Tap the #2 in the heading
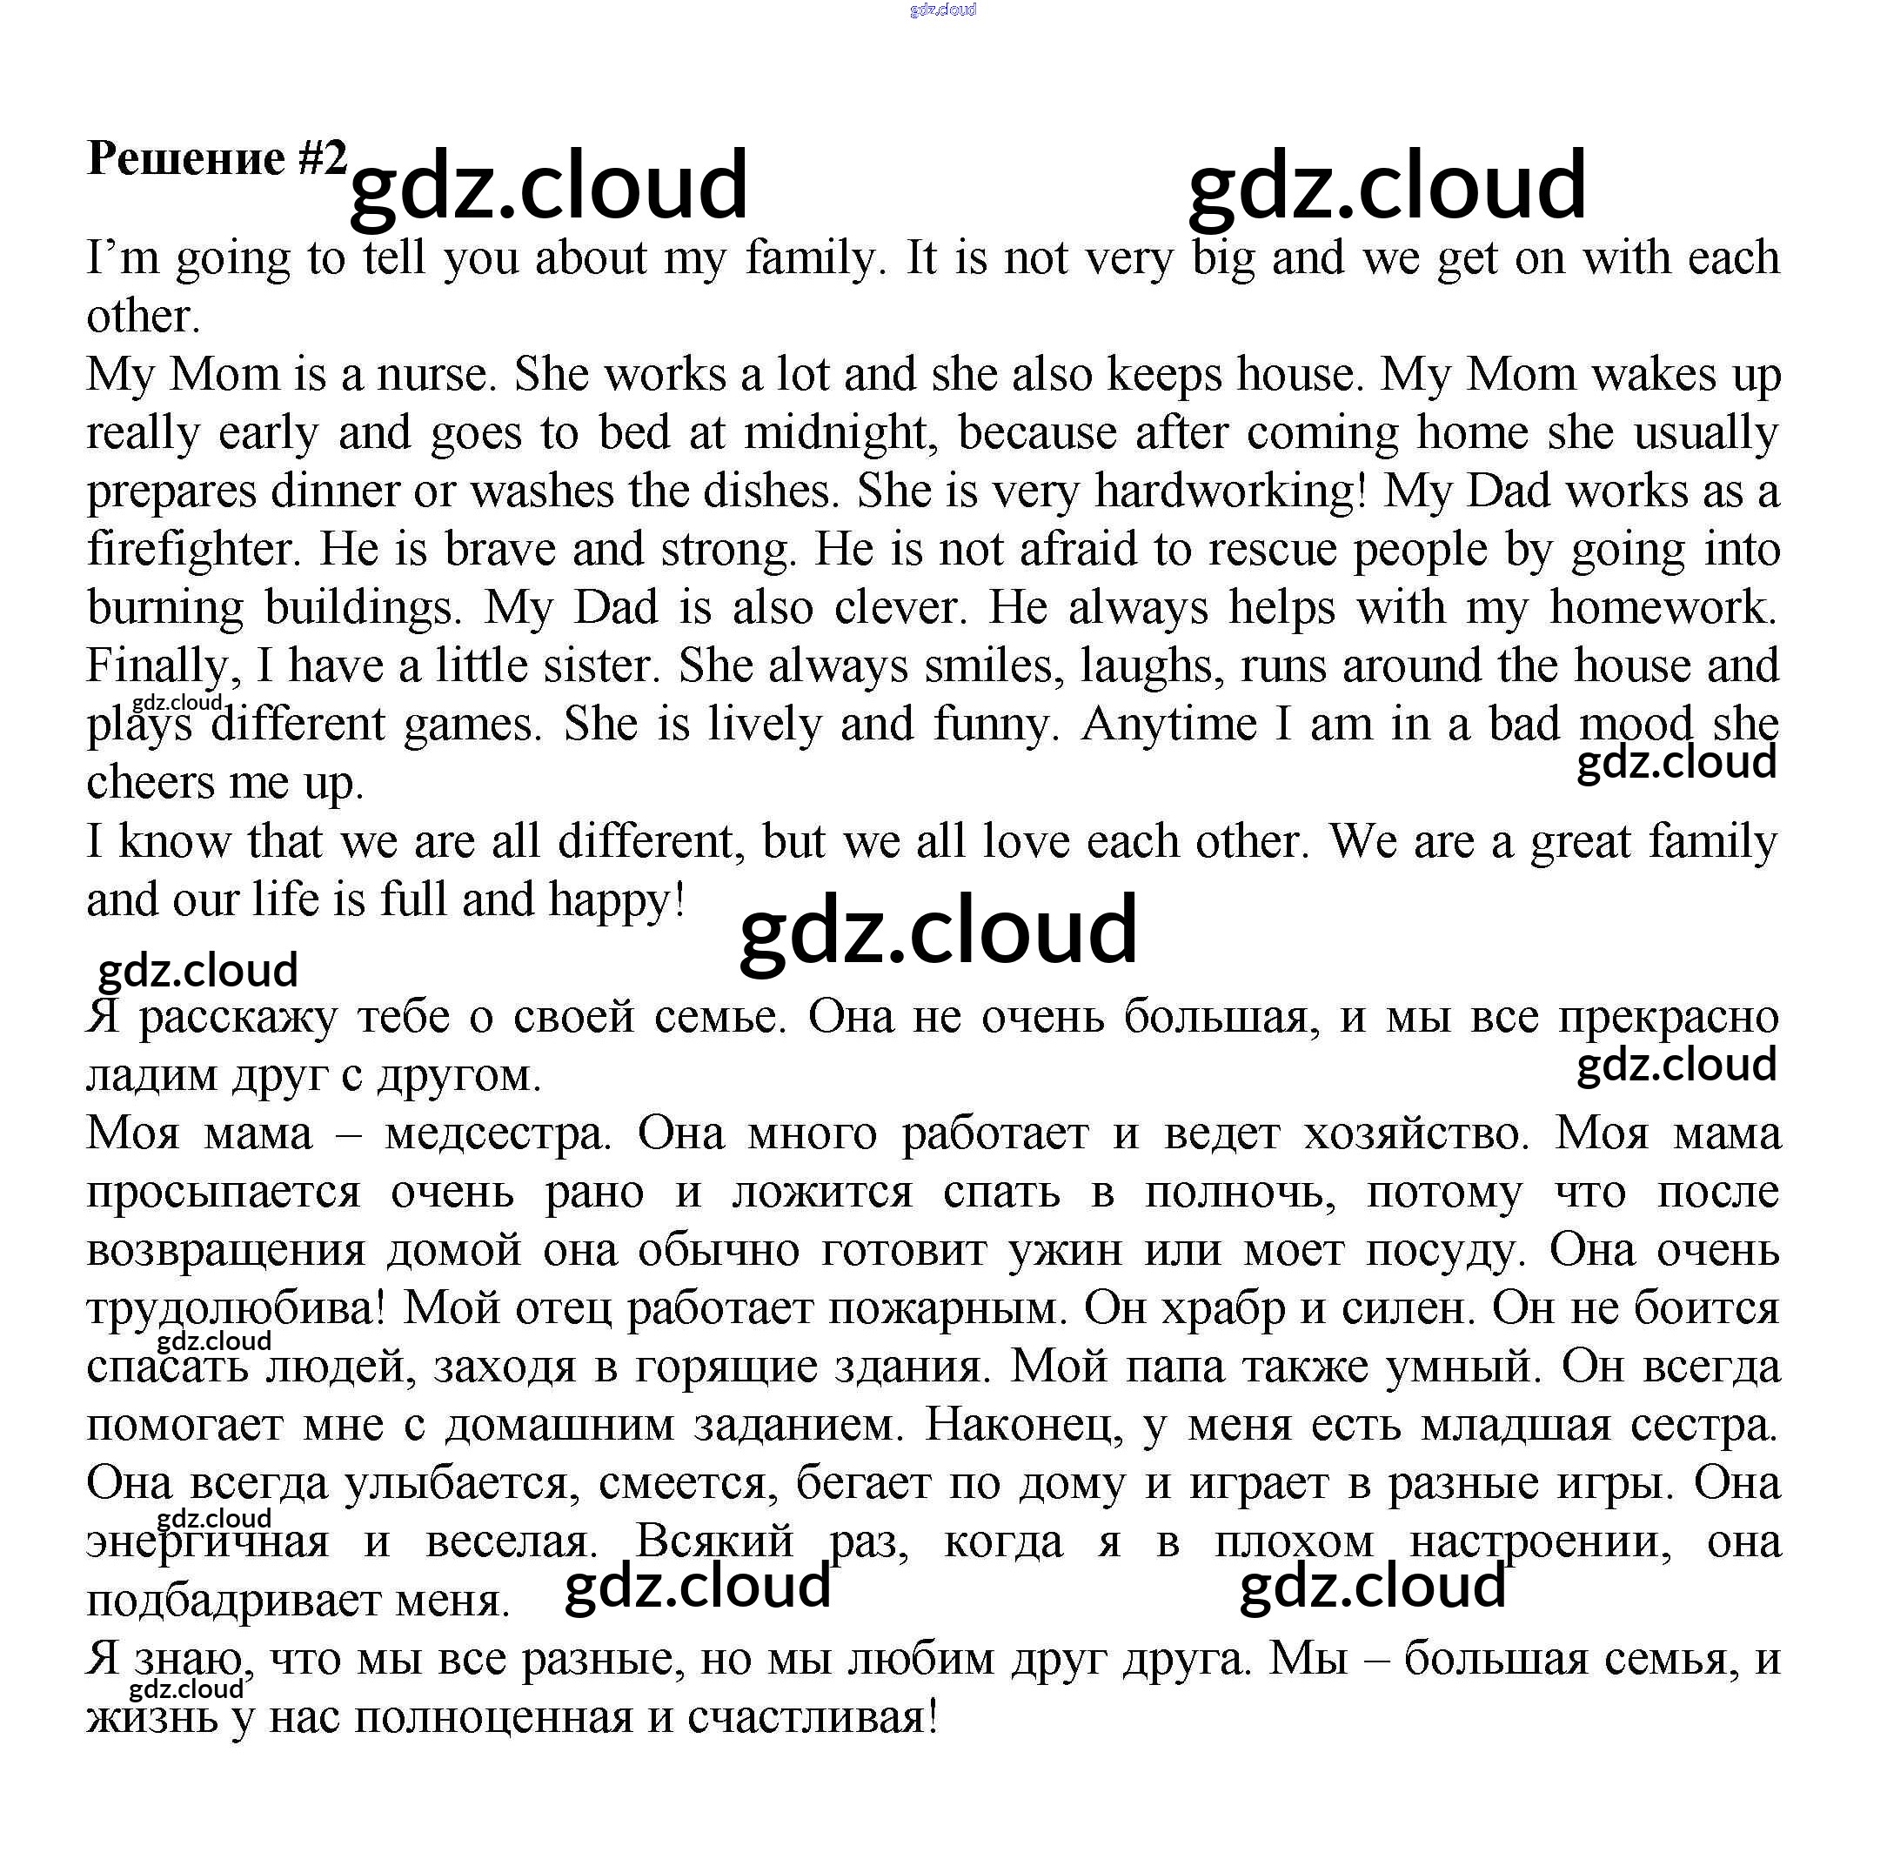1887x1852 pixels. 322,158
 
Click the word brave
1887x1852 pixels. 499,551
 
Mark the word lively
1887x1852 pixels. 765,725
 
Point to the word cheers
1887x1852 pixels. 150,784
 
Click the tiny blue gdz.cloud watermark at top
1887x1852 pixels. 942,10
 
